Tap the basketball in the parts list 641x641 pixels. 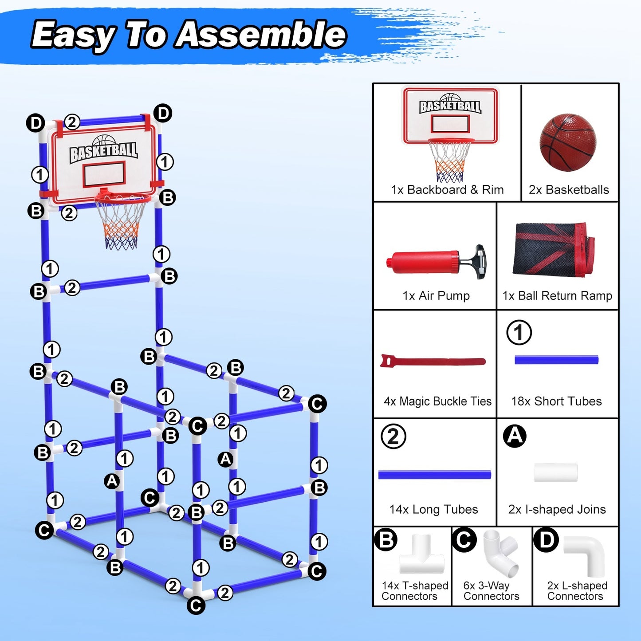click(568, 142)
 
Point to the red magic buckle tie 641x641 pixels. click(433, 362)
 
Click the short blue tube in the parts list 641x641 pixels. click(556, 360)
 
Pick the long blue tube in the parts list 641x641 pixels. click(434, 475)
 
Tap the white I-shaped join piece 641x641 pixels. click(556, 472)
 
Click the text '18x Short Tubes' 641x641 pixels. click(556, 401)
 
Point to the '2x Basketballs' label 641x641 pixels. click(569, 190)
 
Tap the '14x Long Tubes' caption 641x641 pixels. click(433, 509)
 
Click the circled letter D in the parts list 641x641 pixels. click(546, 540)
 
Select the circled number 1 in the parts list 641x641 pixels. click(519, 332)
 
